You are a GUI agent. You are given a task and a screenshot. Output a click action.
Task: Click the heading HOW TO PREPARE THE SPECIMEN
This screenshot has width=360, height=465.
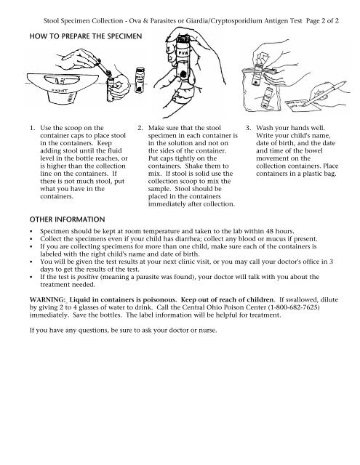click(86, 36)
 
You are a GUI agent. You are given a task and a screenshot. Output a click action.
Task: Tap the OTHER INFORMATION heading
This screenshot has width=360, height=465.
click(67, 219)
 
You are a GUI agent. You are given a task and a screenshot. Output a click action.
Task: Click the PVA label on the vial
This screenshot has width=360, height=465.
click(183, 53)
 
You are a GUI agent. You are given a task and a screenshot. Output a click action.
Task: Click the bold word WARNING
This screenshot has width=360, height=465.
click(47, 299)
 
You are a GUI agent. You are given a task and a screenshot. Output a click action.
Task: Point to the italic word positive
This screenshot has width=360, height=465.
click(87, 277)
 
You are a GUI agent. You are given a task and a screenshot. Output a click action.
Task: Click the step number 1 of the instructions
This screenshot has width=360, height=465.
click(32, 128)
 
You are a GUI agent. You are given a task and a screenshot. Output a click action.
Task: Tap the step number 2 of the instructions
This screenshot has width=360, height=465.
click(140, 128)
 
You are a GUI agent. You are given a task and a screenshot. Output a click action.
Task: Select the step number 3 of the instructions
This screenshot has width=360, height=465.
click(248, 128)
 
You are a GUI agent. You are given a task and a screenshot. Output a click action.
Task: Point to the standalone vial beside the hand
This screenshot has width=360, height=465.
click(140, 81)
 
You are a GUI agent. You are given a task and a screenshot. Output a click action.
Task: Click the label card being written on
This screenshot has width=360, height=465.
click(303, 106)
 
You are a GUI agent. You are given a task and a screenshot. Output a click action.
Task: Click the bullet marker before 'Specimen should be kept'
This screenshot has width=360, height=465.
click(31, 232)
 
